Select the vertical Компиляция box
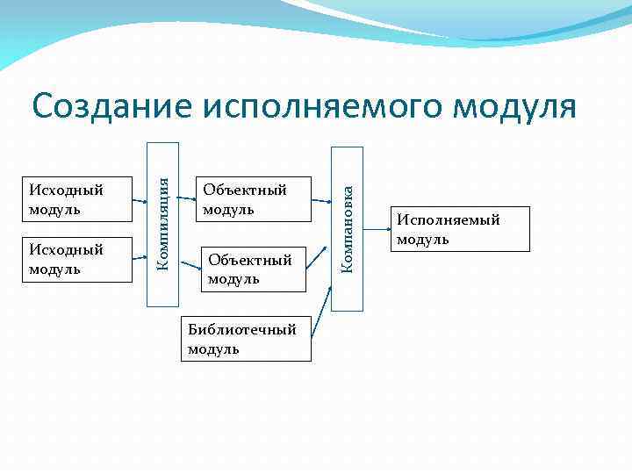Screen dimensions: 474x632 pyautogui.click(x=162, y=224)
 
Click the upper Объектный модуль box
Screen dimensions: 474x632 pyautogui.click(x=255, y=199)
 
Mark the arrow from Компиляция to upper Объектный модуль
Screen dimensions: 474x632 pyautogui.click(x=188, y=199)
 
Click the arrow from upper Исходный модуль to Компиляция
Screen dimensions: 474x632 pyautogui.click(x=139, y=199)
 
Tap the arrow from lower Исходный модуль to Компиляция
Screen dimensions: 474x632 pyautogui.click(x=139, y=256)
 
